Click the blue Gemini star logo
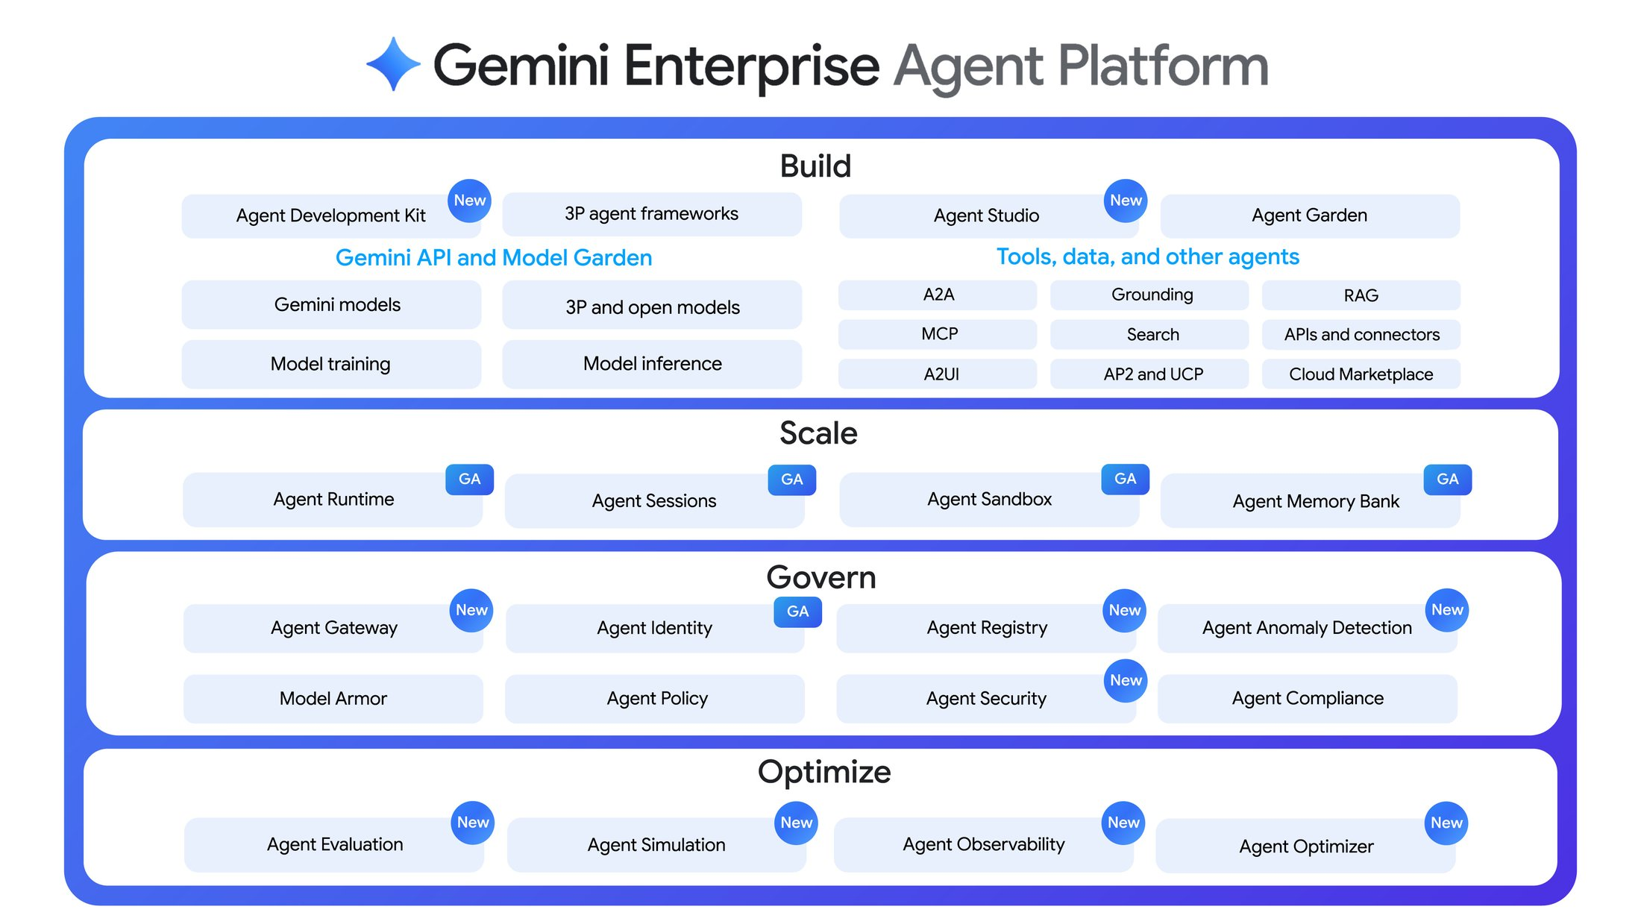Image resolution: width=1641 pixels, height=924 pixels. point(393,64)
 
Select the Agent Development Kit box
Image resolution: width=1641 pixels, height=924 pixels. point(330,216)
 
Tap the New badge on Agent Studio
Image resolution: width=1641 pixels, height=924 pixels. point(1125,201)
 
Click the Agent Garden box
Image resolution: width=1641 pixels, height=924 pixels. point(1309,216)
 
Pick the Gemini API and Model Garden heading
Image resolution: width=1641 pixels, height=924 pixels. point(493,257)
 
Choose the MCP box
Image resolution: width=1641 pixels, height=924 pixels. point(938,334)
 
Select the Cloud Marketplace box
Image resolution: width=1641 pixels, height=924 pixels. point(1361,374)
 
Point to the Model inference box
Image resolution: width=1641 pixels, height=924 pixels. point(652,364)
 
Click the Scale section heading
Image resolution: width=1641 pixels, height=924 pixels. point(818,433)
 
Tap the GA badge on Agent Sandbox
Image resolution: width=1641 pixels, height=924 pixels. point(1125,479)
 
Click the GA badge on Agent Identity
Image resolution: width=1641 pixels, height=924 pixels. point(797,612)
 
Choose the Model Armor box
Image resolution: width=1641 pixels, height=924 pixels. point(333,699)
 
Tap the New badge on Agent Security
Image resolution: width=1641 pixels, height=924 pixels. point(1125,680)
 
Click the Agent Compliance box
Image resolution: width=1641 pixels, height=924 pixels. point(1307,699)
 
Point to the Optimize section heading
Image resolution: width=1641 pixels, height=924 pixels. point(823,772)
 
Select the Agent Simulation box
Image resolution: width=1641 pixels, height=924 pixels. point(656,845)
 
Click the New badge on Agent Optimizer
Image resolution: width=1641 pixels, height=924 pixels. point(1446,823)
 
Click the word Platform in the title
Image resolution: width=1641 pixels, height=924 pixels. point(1163,66)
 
